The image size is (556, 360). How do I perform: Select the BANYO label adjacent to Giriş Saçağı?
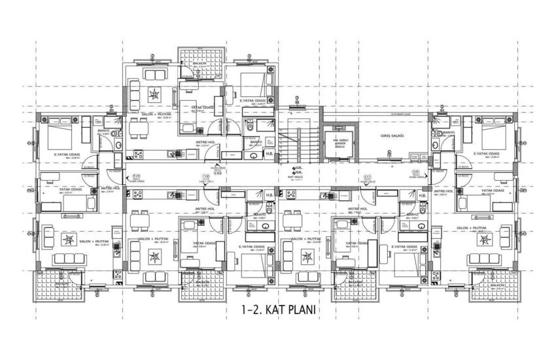(x=449, y=133)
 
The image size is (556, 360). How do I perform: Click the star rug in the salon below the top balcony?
(x=154, y=94)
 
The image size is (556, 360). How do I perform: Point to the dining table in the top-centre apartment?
(x=139, y=131)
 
